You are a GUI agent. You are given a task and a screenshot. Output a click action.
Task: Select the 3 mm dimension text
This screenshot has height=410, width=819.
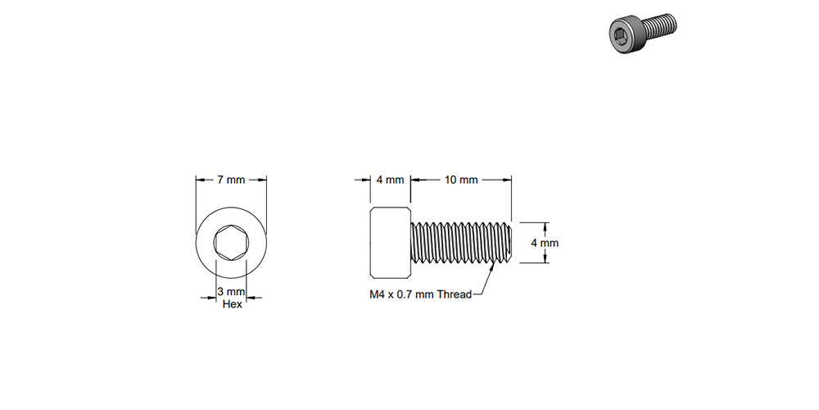pos(231,292)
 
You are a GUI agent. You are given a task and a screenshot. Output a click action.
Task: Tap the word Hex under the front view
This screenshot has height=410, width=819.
pos(231,304)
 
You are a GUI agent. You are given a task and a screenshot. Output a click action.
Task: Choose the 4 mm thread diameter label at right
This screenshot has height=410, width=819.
pos(545,243)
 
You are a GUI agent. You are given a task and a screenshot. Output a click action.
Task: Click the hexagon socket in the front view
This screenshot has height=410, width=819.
pos(231,244)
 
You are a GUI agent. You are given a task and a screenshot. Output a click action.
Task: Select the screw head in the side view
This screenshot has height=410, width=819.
pos(389,243)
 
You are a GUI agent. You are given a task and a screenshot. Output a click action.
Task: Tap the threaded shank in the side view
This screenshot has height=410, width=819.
pos(461,243)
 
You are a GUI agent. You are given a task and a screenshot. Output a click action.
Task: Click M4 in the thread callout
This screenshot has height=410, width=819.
pos(378,294)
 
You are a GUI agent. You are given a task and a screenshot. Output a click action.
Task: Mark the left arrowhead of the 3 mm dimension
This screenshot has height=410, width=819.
pos(211,298)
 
